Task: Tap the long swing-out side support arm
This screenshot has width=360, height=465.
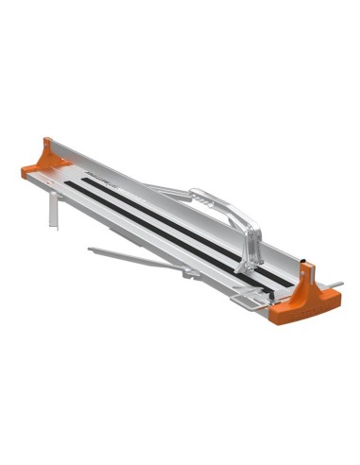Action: pos(142,261)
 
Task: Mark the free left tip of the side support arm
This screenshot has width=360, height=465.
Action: pos(90,250)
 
